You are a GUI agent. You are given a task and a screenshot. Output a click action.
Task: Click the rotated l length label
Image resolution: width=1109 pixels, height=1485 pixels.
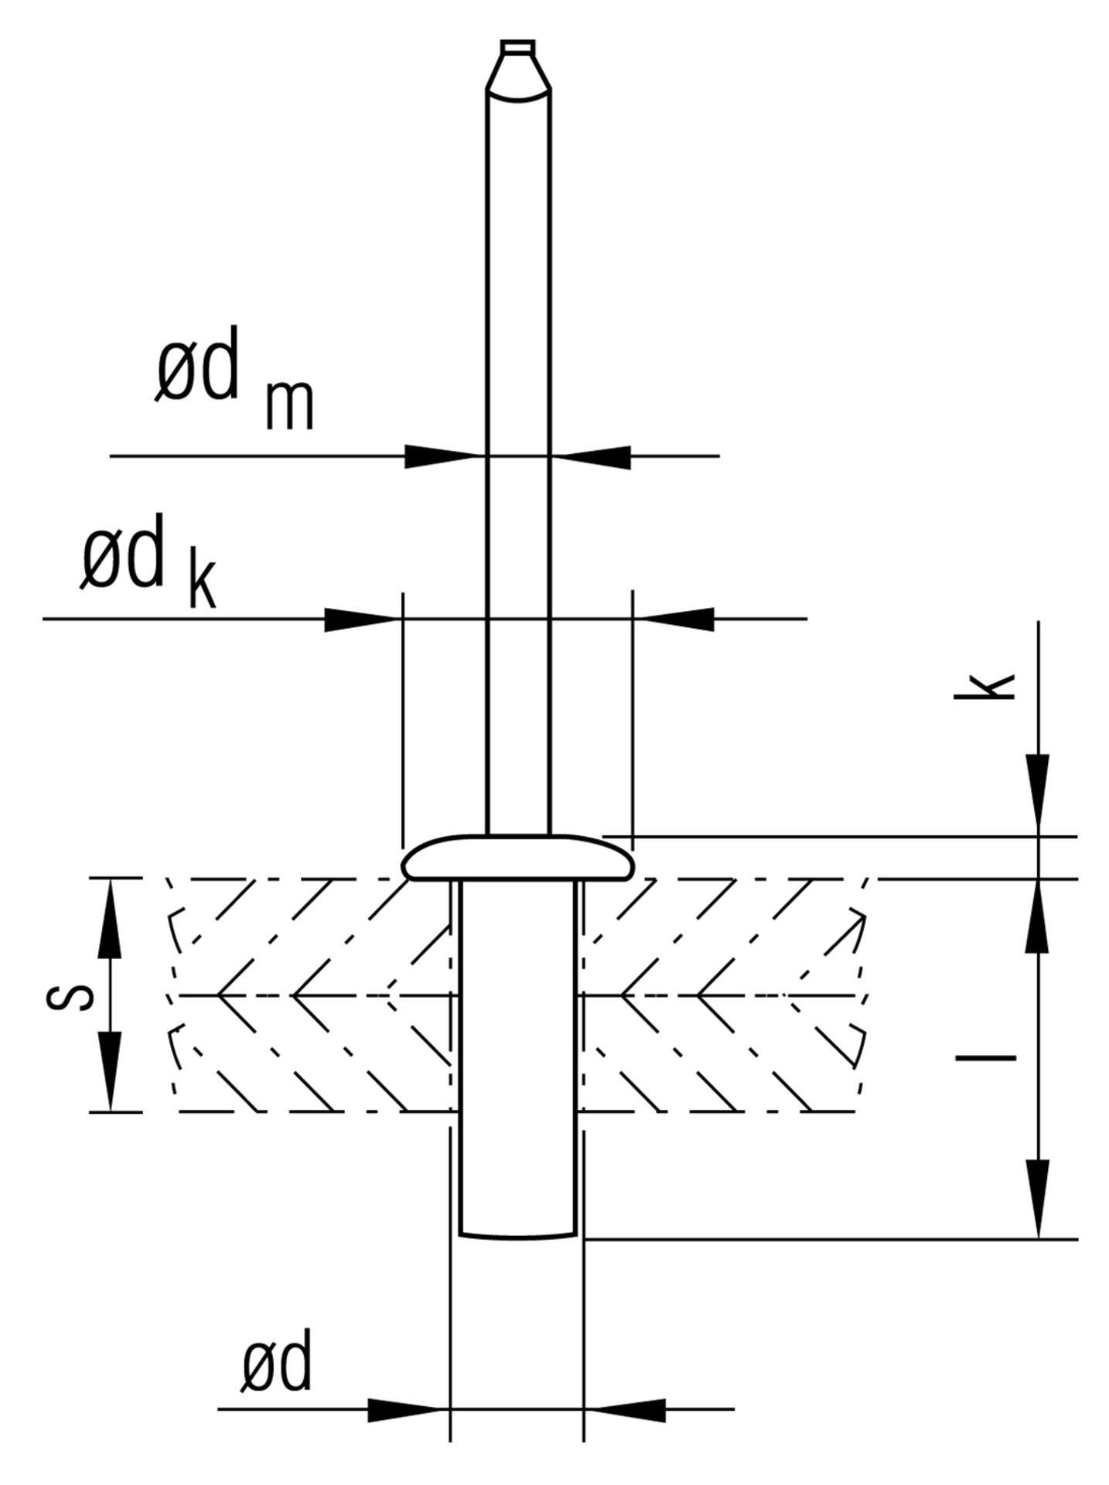point(985,1057)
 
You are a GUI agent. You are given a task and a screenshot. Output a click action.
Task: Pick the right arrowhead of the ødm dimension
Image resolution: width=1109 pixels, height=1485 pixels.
point(596,456)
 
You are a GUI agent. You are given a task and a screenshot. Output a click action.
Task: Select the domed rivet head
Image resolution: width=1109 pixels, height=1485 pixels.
point(518,858)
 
